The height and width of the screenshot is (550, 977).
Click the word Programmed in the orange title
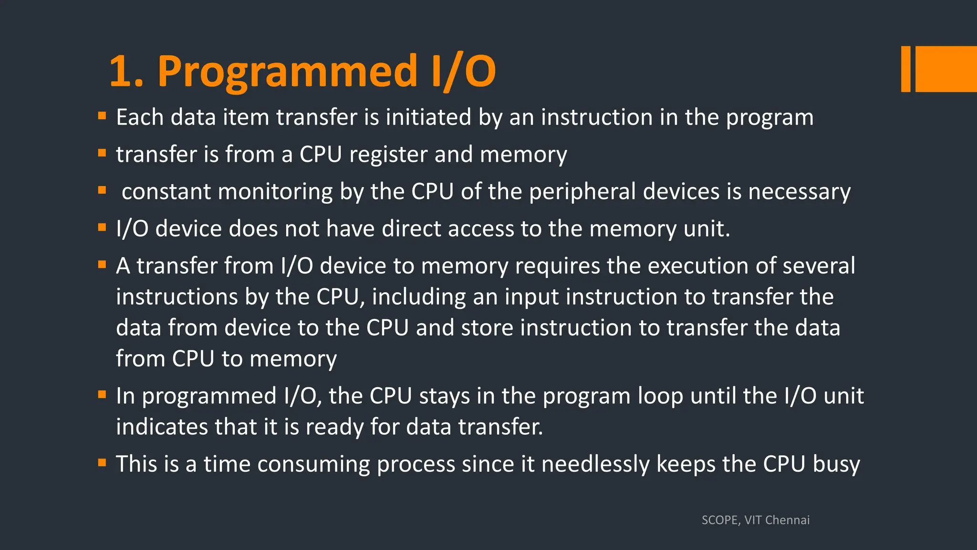(288, 72)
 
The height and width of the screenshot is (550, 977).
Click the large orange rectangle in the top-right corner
(946, 69)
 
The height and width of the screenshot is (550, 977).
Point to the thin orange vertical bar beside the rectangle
(905, 69)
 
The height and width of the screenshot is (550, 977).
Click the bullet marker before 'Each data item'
(102, 116)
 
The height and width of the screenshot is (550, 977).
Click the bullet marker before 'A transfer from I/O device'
(102, 264)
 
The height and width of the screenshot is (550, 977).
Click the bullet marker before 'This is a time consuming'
(102, 462)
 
